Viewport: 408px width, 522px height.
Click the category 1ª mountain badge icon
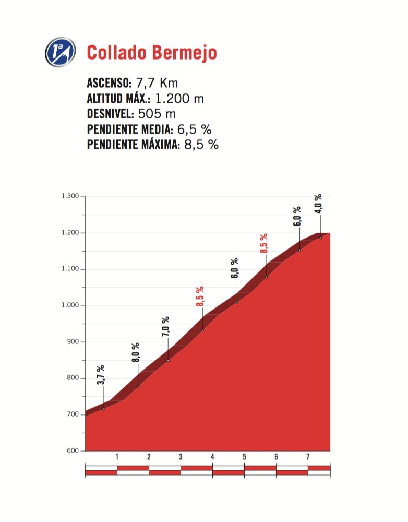click(60, 52)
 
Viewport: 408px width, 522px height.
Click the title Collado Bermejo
click(152, 53)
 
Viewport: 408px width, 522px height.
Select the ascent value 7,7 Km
click(157, 83)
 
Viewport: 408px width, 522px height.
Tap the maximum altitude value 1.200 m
click(179, 99)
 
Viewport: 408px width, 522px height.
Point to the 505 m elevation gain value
click(157, 114)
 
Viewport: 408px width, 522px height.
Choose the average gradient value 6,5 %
click(195, 129)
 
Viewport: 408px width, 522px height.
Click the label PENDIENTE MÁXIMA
click(133, 145)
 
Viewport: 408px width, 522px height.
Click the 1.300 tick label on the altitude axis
click(70, 196)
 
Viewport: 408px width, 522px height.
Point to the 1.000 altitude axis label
click(70, 305)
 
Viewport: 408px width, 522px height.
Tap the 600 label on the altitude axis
click(73, 451)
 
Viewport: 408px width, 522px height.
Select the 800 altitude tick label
click(73, 378)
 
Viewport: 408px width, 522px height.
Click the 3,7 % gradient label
click(101, 375)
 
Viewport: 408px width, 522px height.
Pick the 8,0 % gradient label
click(136, 352)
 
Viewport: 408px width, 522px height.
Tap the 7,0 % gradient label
click(165, 327)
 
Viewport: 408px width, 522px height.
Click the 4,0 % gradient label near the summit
click(318, 204)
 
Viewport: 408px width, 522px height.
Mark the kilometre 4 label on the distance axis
click(212, 457)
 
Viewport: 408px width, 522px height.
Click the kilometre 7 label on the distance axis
click(308, 457)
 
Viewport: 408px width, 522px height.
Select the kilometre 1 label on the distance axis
click(117, 457)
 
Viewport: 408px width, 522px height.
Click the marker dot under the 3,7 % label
click(103, 409)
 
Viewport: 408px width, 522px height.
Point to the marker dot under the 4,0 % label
click(321, 238)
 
